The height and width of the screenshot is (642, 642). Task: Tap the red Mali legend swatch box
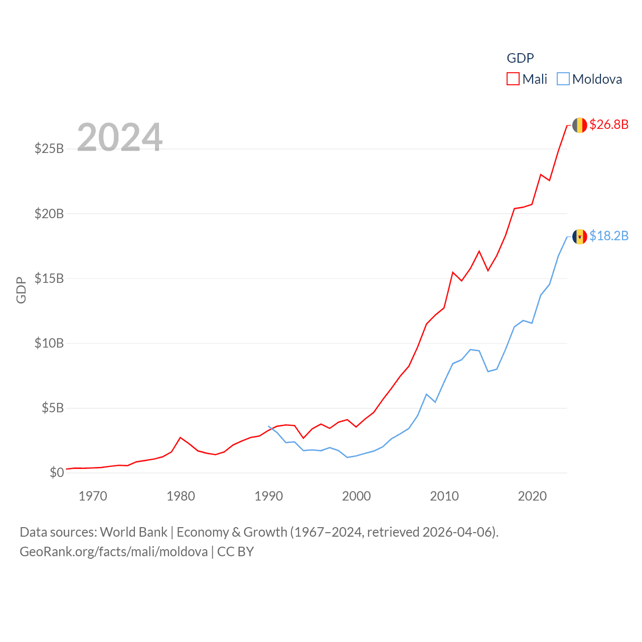513,79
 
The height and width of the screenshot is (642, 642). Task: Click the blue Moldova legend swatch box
563,79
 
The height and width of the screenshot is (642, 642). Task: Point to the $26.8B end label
609,124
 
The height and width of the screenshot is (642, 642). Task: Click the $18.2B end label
609,236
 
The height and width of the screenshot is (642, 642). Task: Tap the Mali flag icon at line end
579,125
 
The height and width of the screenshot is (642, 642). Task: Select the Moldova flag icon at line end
579,237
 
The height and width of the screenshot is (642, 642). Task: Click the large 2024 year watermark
120,137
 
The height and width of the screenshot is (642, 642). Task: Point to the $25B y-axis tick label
49,148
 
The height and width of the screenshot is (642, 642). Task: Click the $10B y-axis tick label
49,343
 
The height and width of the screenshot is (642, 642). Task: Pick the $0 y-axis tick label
57,472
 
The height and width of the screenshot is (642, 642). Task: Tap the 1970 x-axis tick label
93,497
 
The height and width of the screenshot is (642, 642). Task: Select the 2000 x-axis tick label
356,497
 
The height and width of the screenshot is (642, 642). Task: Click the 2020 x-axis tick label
532,497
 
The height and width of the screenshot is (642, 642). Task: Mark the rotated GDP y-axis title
21,290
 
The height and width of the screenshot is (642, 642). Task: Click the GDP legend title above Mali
520,58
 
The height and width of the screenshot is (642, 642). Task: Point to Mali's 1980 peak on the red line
181,437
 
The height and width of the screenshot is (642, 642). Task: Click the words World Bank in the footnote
133,532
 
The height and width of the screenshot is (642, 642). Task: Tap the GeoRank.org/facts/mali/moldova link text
113,552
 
